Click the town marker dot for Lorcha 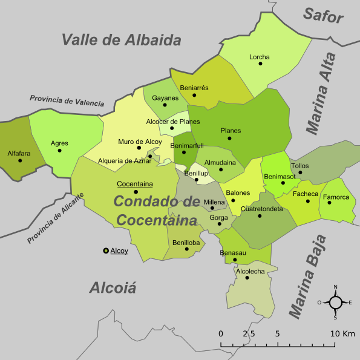[x=260, y=64]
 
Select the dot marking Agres [x=59, y=151]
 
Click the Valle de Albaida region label [x=122, y=41]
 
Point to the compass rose [x=335, y=301]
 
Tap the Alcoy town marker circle [x=106, y=250]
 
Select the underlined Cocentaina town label [x=134, y=184]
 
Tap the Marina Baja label [x=307, y=277]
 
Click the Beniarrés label [x=194, y=88]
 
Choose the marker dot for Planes [x=229, y=138]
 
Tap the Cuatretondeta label [x=262, y=209]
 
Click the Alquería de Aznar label [x=125, y=160]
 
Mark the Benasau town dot [x=235, y=260]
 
